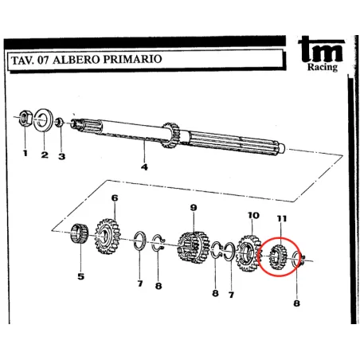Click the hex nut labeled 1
pos(25,118)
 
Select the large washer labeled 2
pos(43,120)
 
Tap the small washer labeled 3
pos(59,122)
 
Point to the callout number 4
pos(144,167)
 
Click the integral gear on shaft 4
pos(171,135)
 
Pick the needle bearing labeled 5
pos(80,233)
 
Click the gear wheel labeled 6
pos(108,237)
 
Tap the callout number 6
pos(115,198)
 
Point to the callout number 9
pos(194,207)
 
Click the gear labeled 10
pos(248,253)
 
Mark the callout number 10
pos(253,215)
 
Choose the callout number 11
pos(282,218)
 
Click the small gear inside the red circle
pos(278,257)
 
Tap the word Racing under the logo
pos(323,67)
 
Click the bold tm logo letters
pos(321,49)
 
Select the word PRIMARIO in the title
pos(132,59)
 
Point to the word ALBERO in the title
pos(76,60)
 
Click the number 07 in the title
pos(43,61)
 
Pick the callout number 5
pos(80,276)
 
